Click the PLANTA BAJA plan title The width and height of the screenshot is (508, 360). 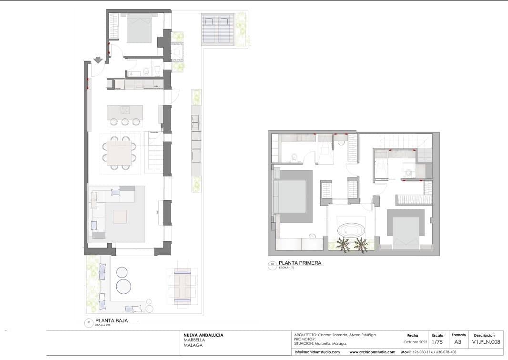[112, 321]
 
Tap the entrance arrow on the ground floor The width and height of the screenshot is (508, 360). [98, 60]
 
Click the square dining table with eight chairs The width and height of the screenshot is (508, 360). [119, 153]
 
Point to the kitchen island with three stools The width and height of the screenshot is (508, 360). [125, 113]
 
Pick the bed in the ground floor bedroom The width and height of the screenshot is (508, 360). [139, 30]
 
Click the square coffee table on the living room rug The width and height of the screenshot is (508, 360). [120, 216]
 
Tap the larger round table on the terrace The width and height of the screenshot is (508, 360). [123, 287]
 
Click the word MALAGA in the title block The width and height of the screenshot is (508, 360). [193, 345]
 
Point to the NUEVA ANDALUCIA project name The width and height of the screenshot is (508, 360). [203, 335]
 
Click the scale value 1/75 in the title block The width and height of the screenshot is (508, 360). [437, 342]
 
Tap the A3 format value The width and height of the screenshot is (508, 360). [458, 342]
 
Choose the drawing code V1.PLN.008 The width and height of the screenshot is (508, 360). [486, 342]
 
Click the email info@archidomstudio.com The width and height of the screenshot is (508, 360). [317, 352]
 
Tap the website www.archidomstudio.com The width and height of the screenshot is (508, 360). [372, 352]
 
